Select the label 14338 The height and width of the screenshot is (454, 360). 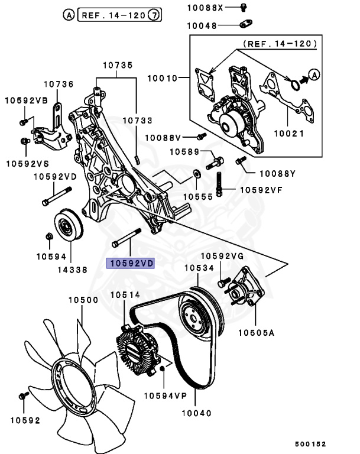click(x=71, y=270)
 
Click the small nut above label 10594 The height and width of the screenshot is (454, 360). click(x=50, y=238)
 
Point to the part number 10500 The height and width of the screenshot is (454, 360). click(x=83, y=300)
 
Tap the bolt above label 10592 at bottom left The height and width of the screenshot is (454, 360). click(x=24, y=395)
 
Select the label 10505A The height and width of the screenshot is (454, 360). click(x=257, y=333)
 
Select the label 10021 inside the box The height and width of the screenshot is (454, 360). click(x=288, y=134)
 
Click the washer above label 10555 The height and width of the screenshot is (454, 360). click(x=194, y=174)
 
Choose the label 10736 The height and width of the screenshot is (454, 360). click(x=57, y=85)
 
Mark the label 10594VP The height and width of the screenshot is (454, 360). click(x=166, y=395)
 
